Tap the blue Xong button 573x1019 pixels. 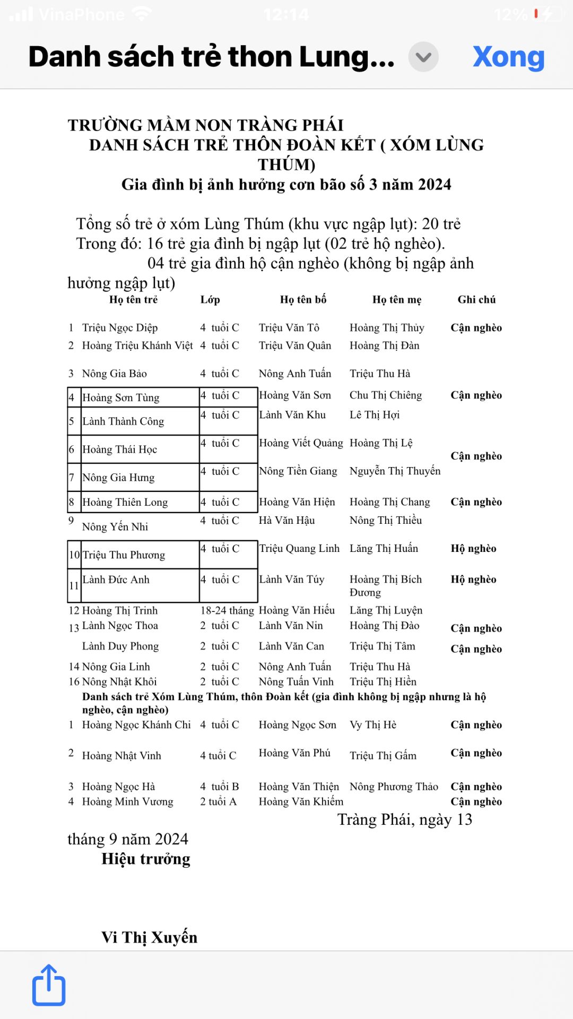(508, 57)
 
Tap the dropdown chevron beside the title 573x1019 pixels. (423, 57)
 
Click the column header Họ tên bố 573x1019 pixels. (303, 299)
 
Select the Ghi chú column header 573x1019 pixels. (476, 299)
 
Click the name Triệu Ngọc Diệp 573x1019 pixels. (120, 327)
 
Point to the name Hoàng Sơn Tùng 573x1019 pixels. (121, 398)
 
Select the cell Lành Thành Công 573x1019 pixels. (123, 421)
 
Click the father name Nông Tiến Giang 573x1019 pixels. (298, 471)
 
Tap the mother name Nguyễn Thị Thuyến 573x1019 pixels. (395, 471)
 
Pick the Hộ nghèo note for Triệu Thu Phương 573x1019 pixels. (473, 549)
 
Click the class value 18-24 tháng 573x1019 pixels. (227, 610)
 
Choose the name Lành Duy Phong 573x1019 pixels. (120, 646)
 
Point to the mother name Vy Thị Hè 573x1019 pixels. (373, 725)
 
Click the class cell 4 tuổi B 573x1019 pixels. (220, 787)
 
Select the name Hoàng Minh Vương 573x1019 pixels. (127, 801)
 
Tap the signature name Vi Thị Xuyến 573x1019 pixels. (149, 937)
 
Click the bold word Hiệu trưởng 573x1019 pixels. (146, 859)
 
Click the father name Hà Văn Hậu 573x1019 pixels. (286, 521)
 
